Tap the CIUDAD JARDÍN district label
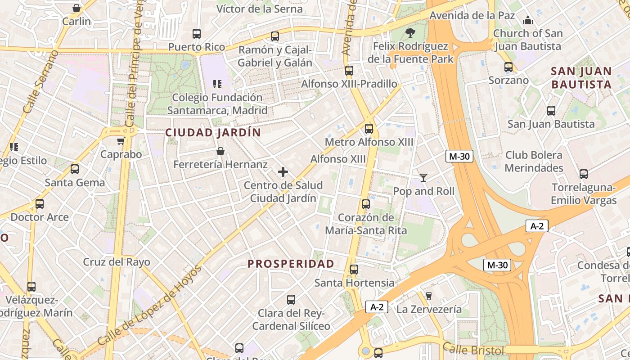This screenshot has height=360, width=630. pos(213,133)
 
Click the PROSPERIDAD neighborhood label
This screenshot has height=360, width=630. pos(291,264)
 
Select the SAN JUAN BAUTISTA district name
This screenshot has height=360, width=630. pos(581,78)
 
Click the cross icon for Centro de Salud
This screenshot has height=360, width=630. pos(283,172)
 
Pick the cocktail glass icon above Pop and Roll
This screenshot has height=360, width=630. pos(423,178)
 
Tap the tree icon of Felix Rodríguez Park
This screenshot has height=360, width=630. pos(410,33)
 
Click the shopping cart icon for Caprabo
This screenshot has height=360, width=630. pos(121,141)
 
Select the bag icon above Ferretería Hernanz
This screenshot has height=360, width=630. pos(220,151)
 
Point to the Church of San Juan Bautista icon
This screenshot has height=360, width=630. pos(528,20)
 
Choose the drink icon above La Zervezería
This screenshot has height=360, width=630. pos(428,296)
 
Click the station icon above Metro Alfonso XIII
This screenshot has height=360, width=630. pos(369,129)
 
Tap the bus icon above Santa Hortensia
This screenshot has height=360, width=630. pos(354,270)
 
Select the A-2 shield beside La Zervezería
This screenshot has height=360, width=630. pos(376,307)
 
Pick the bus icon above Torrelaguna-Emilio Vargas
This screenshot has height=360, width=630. pos(584,174)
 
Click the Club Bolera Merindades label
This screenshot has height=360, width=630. pos(534,162)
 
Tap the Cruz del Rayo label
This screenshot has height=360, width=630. pos(117,262)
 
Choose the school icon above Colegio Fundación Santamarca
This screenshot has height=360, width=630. pos(217,84)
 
